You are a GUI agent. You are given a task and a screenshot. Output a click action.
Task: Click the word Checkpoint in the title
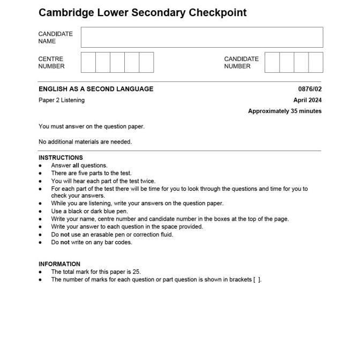coord(217,12)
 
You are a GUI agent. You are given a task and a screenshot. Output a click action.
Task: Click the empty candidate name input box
coord(202,37)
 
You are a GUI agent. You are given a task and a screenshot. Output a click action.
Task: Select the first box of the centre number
coord(88,62)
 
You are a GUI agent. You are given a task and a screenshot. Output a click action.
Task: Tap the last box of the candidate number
coord(316,62)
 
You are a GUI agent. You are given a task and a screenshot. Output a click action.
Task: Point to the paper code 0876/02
coord(310,89)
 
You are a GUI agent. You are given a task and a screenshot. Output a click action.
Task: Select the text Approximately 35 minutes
coord(284,111)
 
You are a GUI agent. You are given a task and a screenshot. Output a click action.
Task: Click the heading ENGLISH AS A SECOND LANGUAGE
coord(96,89)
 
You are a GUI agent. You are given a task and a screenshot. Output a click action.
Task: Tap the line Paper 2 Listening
coord(62,100)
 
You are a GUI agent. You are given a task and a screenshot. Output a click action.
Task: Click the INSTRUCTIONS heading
coord(61,157)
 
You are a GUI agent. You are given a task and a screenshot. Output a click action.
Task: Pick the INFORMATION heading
coord(59,264)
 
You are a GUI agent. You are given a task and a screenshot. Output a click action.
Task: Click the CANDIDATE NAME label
coord(55,37)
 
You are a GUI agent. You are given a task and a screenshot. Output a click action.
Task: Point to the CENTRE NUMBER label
coord(51,63)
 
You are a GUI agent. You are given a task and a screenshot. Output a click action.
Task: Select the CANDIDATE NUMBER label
coord(241,63)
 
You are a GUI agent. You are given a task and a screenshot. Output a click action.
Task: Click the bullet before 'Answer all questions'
coord(40,166)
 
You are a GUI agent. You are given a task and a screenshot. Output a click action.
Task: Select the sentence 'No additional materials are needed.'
coord(85,142)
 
